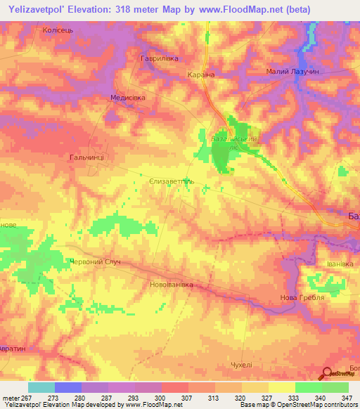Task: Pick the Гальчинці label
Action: click(87, 157)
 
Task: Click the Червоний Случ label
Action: click(94, 261)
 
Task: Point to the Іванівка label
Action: click(342, 264)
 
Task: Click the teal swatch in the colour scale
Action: click(41, 387)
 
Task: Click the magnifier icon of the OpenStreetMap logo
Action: click(326, 374)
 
